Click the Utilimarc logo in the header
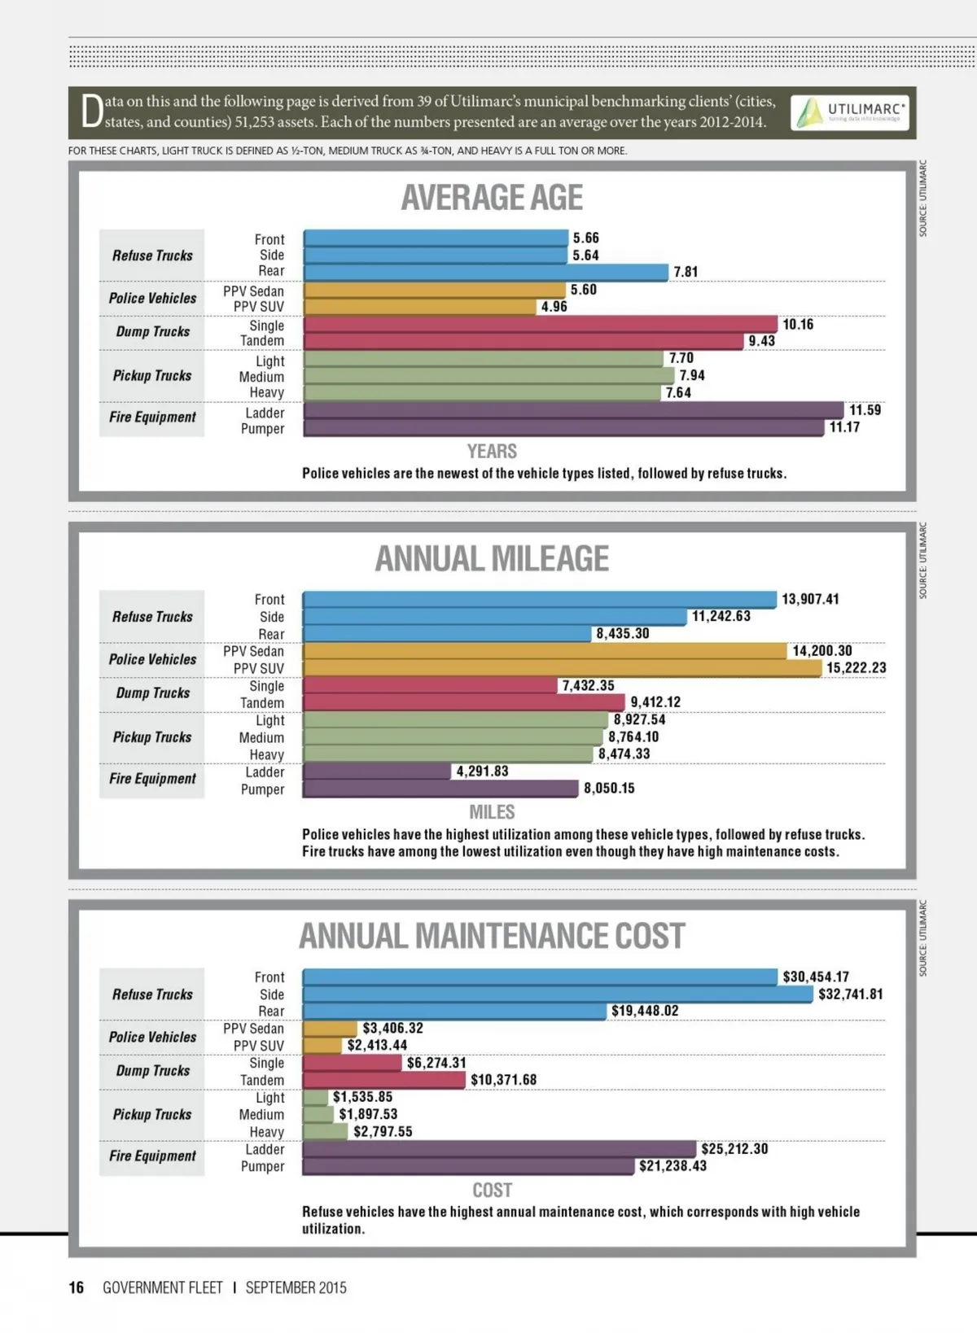coord(849,113)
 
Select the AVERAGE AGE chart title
coord(492,198)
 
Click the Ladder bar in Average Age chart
coord(573,411)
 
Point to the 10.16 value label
coord(798,325)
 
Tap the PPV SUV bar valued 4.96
coord(419,307)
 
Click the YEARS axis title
coord(492,452)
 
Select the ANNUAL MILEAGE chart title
coord(492,559)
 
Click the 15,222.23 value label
coord(856,668)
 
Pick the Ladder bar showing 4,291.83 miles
coord(376,771)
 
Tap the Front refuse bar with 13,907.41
coord(539,600)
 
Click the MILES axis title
coord(492,812)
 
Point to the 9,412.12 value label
coord(655,702)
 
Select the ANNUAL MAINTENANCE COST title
coord(492,936)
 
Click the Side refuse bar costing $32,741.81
coord(558,994)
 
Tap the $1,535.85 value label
coord(362,1097)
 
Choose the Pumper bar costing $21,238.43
coord(468,1166)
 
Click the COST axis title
coord(492,1191)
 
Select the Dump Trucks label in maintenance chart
coord(152,1071)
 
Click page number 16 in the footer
coord(76,1287)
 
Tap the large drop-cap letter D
coord(92,112)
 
